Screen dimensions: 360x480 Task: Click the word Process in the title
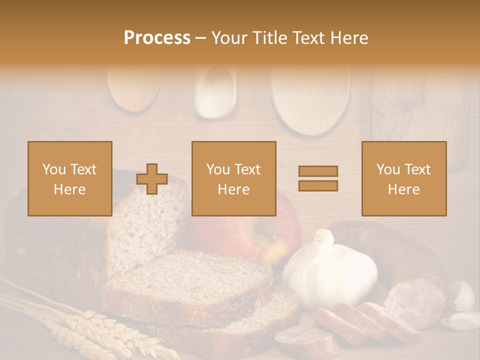click(157, 37)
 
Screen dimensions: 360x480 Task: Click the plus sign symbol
click(152, 179)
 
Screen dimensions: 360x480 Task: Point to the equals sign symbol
click(318, 178)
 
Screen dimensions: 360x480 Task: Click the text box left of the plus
click(70, 178)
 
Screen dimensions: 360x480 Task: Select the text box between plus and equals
click(233, 178)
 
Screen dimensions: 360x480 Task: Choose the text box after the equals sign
click(403, 178)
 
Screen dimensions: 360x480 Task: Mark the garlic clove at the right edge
click(462, 296)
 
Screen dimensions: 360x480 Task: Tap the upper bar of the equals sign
click(318, 171)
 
